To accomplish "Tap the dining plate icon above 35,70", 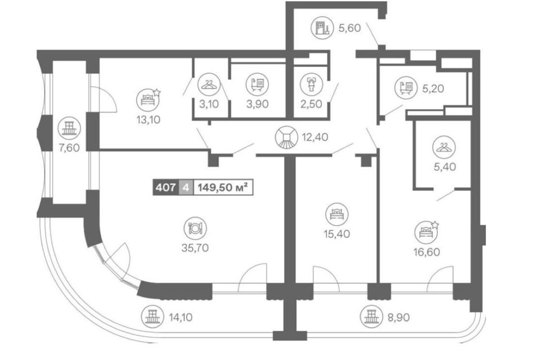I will pos(195,228).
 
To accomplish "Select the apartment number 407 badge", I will pos(165,187).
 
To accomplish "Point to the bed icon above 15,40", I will pos(336,214).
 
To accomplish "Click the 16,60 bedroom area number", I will pos(425,251).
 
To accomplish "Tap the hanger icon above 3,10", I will pos(209,86).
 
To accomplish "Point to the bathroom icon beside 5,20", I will pos(406,88).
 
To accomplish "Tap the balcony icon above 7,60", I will pos(69,128).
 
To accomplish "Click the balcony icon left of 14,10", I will pos(151,316).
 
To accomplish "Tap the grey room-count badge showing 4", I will pos(184,187).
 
